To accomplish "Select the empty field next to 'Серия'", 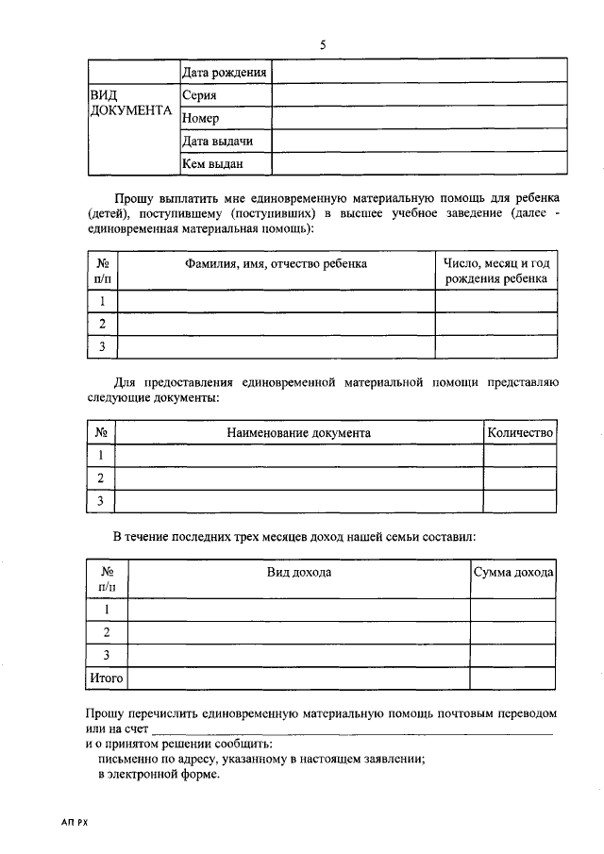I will coord(420,94).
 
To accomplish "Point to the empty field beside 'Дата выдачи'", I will coord(420,141).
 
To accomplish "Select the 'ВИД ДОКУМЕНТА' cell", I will coord(131,104).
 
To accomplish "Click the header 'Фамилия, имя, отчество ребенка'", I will coord(276,264).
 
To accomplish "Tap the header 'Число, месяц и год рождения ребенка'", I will coord(496,272).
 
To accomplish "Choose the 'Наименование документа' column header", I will coord(298,432).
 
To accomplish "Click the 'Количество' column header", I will coord(519,432).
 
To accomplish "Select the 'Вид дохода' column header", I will coord(298,572).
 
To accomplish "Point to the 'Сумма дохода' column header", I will coord(513,572).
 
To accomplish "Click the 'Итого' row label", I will coord(106,678).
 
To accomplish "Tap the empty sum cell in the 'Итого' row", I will coord(513,678).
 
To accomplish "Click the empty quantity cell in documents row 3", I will coord(519,501).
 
